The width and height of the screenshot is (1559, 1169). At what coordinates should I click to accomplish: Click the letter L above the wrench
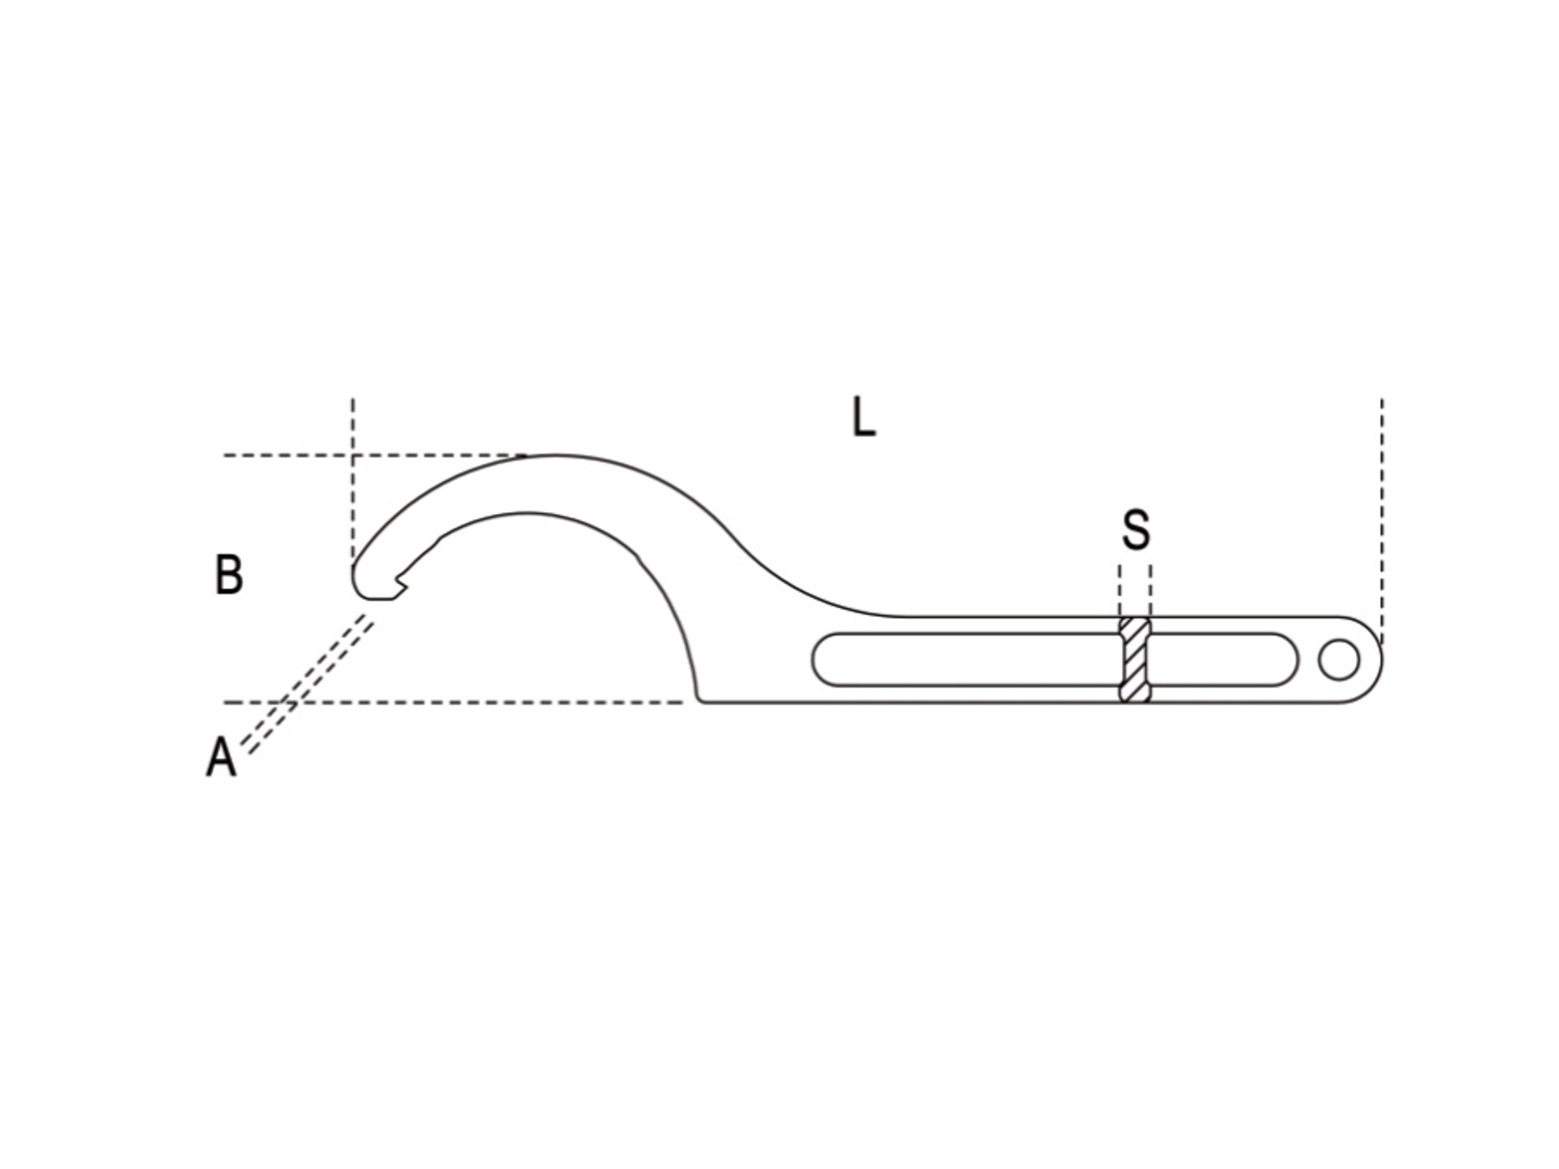[864, 417]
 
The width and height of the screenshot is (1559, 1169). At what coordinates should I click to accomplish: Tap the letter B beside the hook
[229, 574]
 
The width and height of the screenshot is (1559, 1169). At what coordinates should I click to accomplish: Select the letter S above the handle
[1136, 530]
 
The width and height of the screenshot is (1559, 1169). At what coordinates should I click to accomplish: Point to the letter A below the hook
[222, 757]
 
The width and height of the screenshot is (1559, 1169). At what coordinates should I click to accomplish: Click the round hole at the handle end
[1339, 659]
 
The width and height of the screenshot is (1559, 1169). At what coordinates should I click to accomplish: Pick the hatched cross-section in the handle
[1135, 659]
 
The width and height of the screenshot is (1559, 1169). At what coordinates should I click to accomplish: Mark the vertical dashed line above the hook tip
[353, 479]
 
